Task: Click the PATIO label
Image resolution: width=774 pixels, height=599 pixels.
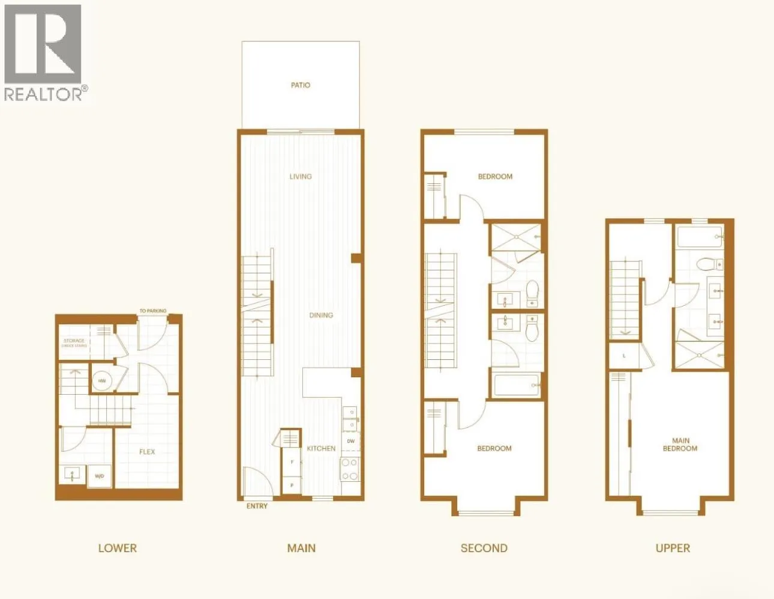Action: coord(301,85)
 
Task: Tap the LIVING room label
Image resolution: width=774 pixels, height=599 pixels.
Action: coord(301,177)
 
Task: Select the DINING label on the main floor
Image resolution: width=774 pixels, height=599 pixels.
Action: coord(321,315)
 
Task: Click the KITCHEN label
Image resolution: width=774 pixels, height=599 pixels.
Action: coord(321,448)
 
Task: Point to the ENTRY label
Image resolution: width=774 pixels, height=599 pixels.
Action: coord(257,506)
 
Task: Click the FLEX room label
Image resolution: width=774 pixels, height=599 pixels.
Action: coord(147,452)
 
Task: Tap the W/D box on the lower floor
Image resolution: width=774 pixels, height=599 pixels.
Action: coord(99,476)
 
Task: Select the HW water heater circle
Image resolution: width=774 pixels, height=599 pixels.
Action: coord(102,381)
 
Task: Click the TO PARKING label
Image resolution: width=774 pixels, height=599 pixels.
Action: coord(153,311)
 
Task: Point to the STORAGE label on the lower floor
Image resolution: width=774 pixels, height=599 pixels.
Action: coord(74,341)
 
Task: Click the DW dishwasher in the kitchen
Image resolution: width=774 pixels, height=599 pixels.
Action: coord(350,441)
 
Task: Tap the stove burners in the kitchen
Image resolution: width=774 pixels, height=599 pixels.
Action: coord(350,469)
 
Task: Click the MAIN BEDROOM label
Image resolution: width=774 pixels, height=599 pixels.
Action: coord(680,445)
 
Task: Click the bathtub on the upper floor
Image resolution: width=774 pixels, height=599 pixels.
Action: coord(699,237)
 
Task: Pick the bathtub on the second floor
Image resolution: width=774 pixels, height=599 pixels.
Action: coord(517,385)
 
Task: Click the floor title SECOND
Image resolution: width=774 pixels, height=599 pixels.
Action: coord(484,548)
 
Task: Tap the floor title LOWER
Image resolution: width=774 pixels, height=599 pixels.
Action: coord(118,548)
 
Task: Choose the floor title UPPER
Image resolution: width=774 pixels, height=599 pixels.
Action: coord(673,548)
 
